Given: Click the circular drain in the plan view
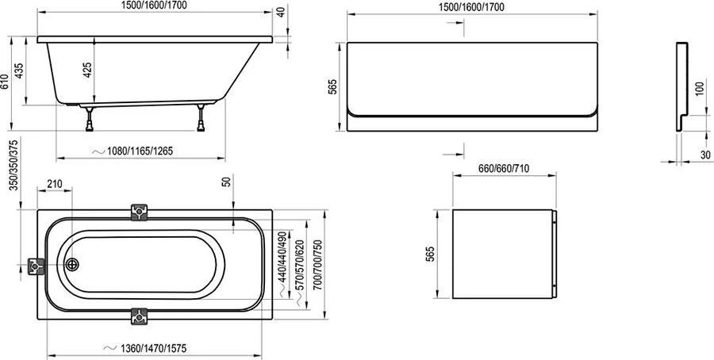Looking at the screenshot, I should click(x=71, y=266).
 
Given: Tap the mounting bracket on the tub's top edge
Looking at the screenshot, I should click(x=140, y=213).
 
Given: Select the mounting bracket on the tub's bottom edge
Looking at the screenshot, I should click(x=140, y=316).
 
